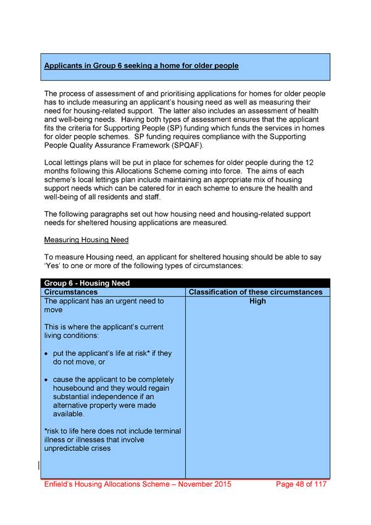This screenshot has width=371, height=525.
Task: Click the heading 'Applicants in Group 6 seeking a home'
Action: [141, 65]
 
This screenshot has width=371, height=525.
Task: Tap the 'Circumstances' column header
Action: [71, 292]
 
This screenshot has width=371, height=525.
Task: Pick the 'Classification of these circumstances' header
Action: [256, 292]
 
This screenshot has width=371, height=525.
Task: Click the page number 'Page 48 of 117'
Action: [300, 484]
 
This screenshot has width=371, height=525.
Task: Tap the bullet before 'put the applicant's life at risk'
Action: [48, 354]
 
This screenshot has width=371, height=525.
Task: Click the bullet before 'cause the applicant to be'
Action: [48, 380]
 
